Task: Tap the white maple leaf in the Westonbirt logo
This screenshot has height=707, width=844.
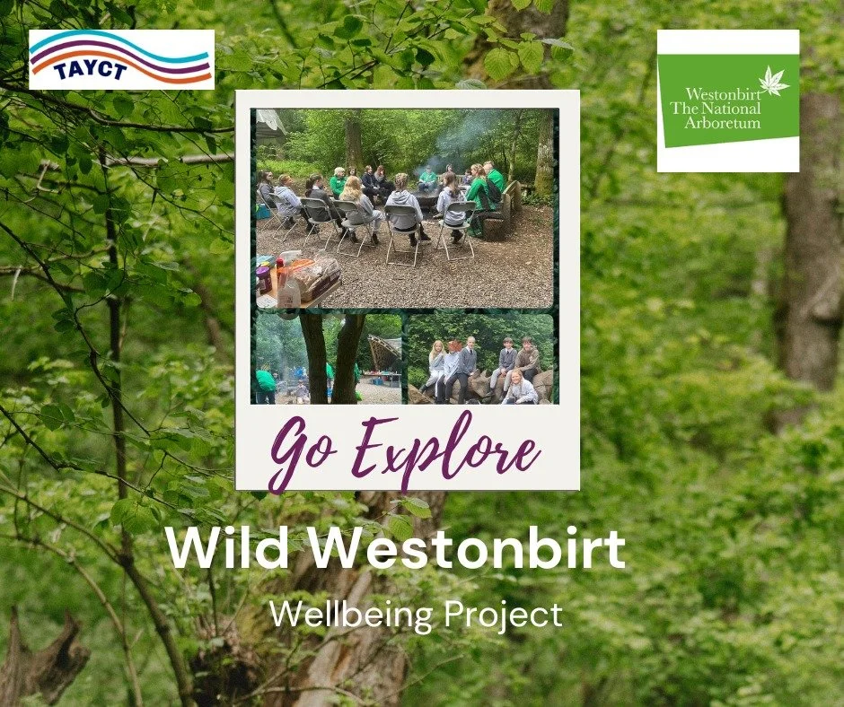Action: tap(773, 82)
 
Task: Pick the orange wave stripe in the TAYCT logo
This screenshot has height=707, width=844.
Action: tap(121, 75)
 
